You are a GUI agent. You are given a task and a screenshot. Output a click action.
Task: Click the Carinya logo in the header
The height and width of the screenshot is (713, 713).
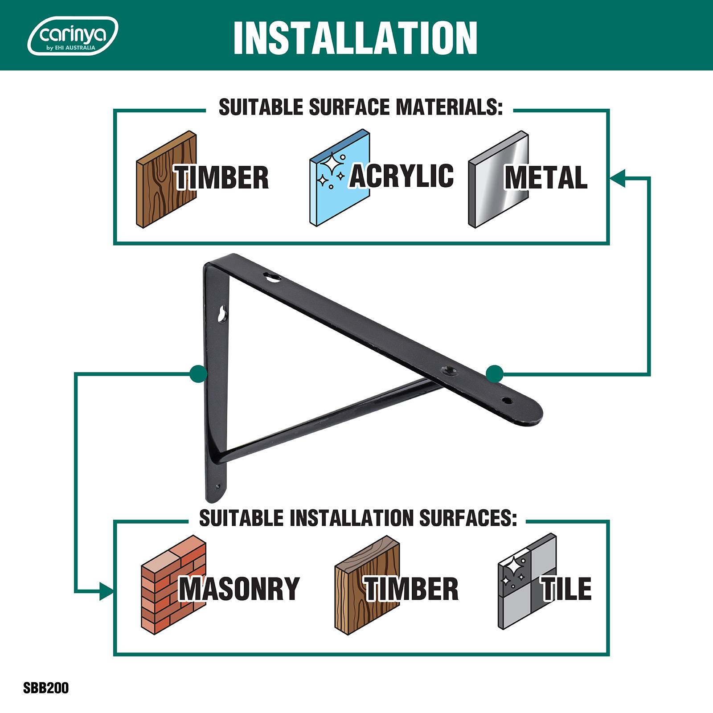pyautogui.click(x=73, y=36)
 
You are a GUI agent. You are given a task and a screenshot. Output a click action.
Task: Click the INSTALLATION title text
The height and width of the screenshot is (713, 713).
pyautogui.click(x=355, y=37)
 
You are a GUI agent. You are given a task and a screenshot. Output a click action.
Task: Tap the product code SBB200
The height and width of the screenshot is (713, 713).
pyautogui.click(x=46, y=688)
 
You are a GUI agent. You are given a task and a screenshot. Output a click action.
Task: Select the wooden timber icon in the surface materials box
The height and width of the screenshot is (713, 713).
pyautogui.click(x=166, y=179)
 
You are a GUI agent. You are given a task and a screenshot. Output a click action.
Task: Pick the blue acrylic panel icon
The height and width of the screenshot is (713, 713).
pyautogui.click(x=340, y=179)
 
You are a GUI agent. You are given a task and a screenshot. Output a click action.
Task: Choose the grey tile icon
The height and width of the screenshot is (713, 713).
pyautogui.click(x=527, y=582)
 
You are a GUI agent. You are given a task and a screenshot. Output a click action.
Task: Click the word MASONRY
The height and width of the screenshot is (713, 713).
pyautogui.click(x=239, y=589)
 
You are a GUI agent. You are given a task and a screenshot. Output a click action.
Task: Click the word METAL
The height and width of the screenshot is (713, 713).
pyautogui.click(x=546, y=177)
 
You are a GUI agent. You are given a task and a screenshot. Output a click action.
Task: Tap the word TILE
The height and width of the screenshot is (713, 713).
pyautogui.click(x=566, y=589)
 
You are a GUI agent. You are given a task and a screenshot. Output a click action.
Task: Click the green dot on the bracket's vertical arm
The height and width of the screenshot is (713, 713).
pyautogui.click(x=198, y=373)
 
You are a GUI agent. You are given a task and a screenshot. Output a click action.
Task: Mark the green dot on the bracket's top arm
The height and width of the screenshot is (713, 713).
pyautogui.click(x=495, y=373)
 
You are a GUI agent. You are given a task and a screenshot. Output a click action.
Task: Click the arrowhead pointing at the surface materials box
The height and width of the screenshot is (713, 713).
pyautogui.click(x=618, y=177)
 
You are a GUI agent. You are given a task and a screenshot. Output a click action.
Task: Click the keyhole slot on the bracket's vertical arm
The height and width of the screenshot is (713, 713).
pyautogui.click(x=221, y=314)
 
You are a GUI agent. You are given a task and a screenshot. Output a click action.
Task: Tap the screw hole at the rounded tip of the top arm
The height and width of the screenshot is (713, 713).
pyautogui.click(x=505, y=401)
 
